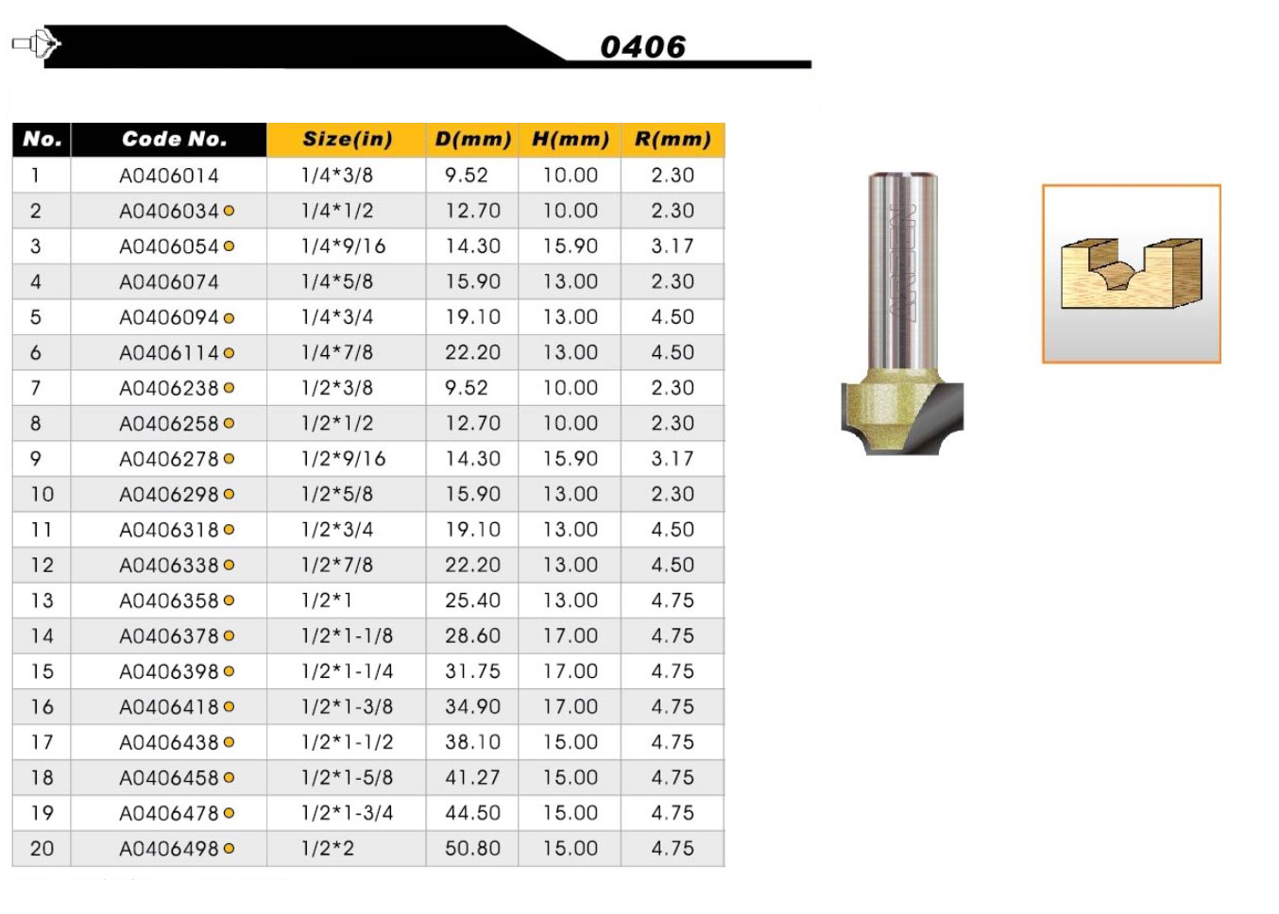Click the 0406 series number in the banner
[643, 46]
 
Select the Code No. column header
[174, 139]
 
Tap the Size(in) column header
[348, 139]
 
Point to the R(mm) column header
[673, 139]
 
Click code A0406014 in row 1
[169, 176]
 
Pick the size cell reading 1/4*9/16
[344, 246]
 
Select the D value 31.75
[472, 670]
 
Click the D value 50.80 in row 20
[472, 848]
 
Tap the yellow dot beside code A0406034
[229, 211]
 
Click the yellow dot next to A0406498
[229, 848]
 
